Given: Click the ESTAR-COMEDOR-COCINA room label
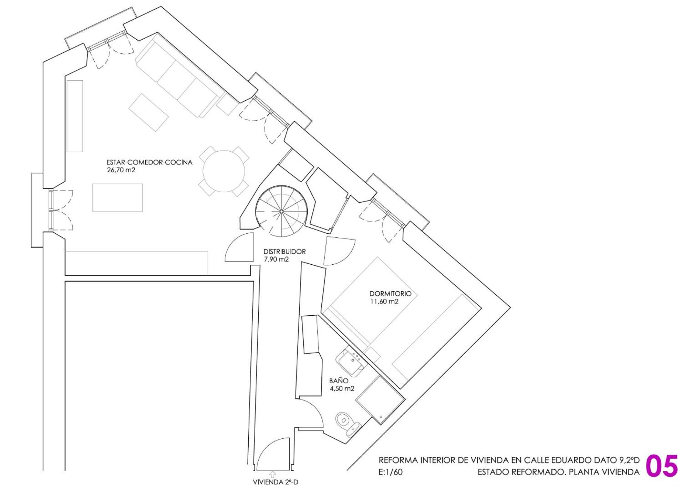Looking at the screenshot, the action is pyautogui.click(x=149, y=162).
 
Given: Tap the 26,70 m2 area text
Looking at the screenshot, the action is pyautogui.click(x=121, y=170).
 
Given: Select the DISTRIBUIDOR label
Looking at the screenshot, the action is pyautogui.click(x=284, y=252).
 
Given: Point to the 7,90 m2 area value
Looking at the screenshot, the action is pyautogui.click(x=276, y=259).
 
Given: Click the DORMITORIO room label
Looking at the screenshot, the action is pyautogui.click(x=390, y=294).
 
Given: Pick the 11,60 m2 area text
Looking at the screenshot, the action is pyautogui.click(x=384, y=301).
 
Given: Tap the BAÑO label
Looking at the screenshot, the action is pyautogui.click(x=339, y=381).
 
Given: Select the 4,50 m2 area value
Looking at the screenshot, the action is pyautogui.click(x=342, y=388).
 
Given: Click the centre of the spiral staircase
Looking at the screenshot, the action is pyautogui.click(x=281, y=211).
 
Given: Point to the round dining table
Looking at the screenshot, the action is pyautogui.click(x=224, y=171).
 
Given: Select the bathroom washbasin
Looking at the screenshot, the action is pyautogui.click(x=351, y=362).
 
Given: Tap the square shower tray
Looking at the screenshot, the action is pyautogui.click(x=380, y=399).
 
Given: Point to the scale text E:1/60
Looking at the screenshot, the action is pyautogui.click(x=390, y=472).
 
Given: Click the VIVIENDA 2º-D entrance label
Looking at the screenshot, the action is pyautogui.click(x=276, y=482).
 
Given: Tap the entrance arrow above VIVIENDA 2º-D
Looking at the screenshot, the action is pyautogui.click(x=273, y=475).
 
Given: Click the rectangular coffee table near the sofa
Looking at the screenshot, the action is pyautogui.click(x=148, y=112).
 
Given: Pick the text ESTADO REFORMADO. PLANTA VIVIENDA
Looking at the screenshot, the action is pyautogui.click(x=559, y=472).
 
